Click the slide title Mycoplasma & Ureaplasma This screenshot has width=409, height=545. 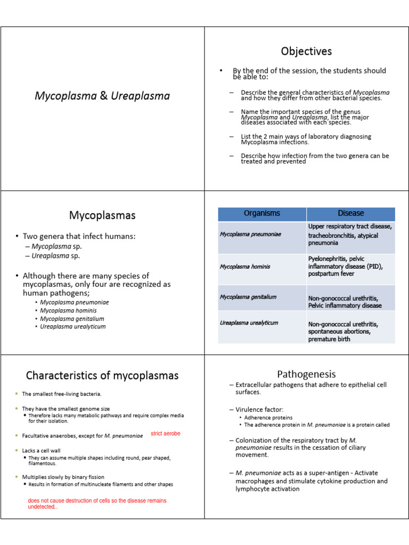tap(102, 96)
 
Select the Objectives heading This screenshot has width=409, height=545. tap(306, 52)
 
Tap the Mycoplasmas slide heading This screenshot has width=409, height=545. tap(102, 216)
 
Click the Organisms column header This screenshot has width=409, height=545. tap(261, 213)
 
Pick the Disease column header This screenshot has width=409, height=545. tap(350, 213)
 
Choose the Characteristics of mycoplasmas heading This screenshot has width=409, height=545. tap(102, 375)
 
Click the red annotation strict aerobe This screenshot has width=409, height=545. tap(166, 434)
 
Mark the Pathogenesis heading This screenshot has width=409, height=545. tap(306, 374)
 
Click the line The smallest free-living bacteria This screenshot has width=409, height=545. tap(61, 394)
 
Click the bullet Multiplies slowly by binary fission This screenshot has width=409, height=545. tap(63, 477)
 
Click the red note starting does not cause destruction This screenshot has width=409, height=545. tap(97, 503)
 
